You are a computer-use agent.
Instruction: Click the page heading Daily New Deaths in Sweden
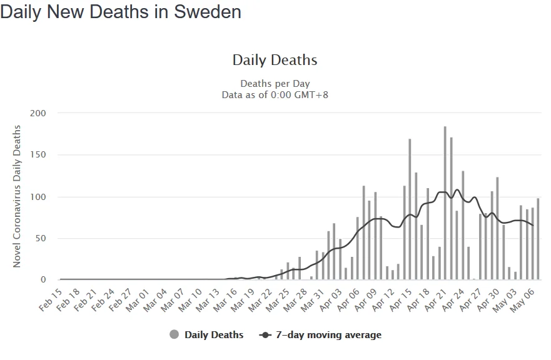[x=121, y=12]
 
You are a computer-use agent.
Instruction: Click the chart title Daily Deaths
[x=275, y=60]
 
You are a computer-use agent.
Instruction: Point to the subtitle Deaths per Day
[x=275, y=84]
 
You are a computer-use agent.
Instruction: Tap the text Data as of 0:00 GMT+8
[x=275, y=95]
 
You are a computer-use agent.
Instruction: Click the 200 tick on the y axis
[x=38, y=113]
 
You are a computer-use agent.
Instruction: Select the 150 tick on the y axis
[x=38, y=155]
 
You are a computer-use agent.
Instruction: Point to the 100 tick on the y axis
[x=38, y=197]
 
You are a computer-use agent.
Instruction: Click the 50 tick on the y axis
[x=41, y=239]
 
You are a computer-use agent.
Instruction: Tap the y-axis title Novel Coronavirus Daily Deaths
[x=17, y=196]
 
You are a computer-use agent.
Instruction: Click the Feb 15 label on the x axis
[x=51, y=299]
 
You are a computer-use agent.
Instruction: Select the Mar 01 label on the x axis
[x=138, y=299]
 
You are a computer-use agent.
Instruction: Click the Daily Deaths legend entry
[x=213, y=335]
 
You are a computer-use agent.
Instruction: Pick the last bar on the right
[x=538, y=239]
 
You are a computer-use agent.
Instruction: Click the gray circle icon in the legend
[x=174, y=335]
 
